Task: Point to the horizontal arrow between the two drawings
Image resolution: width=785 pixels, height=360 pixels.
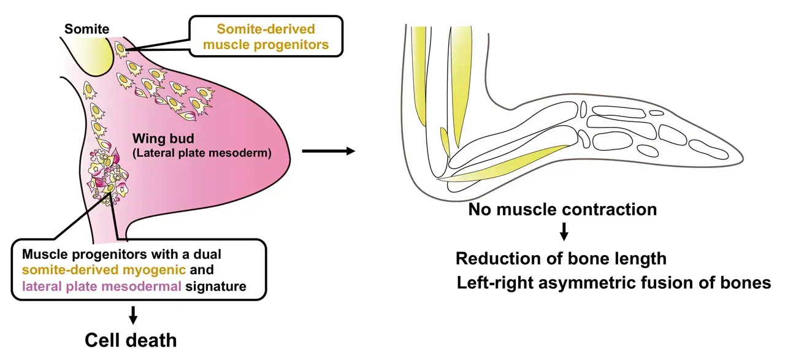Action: (328, 150)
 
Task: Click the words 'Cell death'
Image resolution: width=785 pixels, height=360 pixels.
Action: (131, 340)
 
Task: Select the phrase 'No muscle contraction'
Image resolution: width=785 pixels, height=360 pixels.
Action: (562, 210)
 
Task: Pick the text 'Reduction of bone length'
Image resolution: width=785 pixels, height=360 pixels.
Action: (561, 258)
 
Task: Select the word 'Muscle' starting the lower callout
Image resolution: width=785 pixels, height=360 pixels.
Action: (41, 253)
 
